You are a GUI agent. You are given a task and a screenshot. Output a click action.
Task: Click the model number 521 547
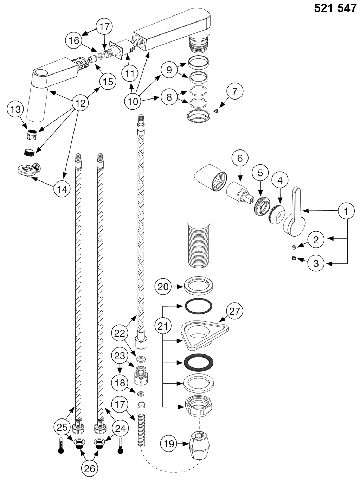[x=335, y=8]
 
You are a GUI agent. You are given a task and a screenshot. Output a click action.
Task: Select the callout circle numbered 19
[x=169, y=444]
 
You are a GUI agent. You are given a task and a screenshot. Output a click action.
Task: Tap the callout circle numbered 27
[x=234, y=311]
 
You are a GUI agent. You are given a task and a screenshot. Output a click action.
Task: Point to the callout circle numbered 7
[x=235, y=91]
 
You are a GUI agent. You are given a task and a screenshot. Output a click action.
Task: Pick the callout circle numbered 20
[x=163, y=287]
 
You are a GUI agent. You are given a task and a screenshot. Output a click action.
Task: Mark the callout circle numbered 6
[x=240, y=158]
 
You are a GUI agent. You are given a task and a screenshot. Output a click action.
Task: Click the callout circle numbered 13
[x=15, y=109]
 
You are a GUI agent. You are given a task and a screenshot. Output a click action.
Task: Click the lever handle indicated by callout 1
[x=295, y=212]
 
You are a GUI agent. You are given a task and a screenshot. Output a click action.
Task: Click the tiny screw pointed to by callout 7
[x=216, y=111]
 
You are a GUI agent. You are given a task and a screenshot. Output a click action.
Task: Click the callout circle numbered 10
[x=133, y=101]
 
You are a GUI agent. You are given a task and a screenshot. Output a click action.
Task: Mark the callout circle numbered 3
[x=316, y=263]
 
